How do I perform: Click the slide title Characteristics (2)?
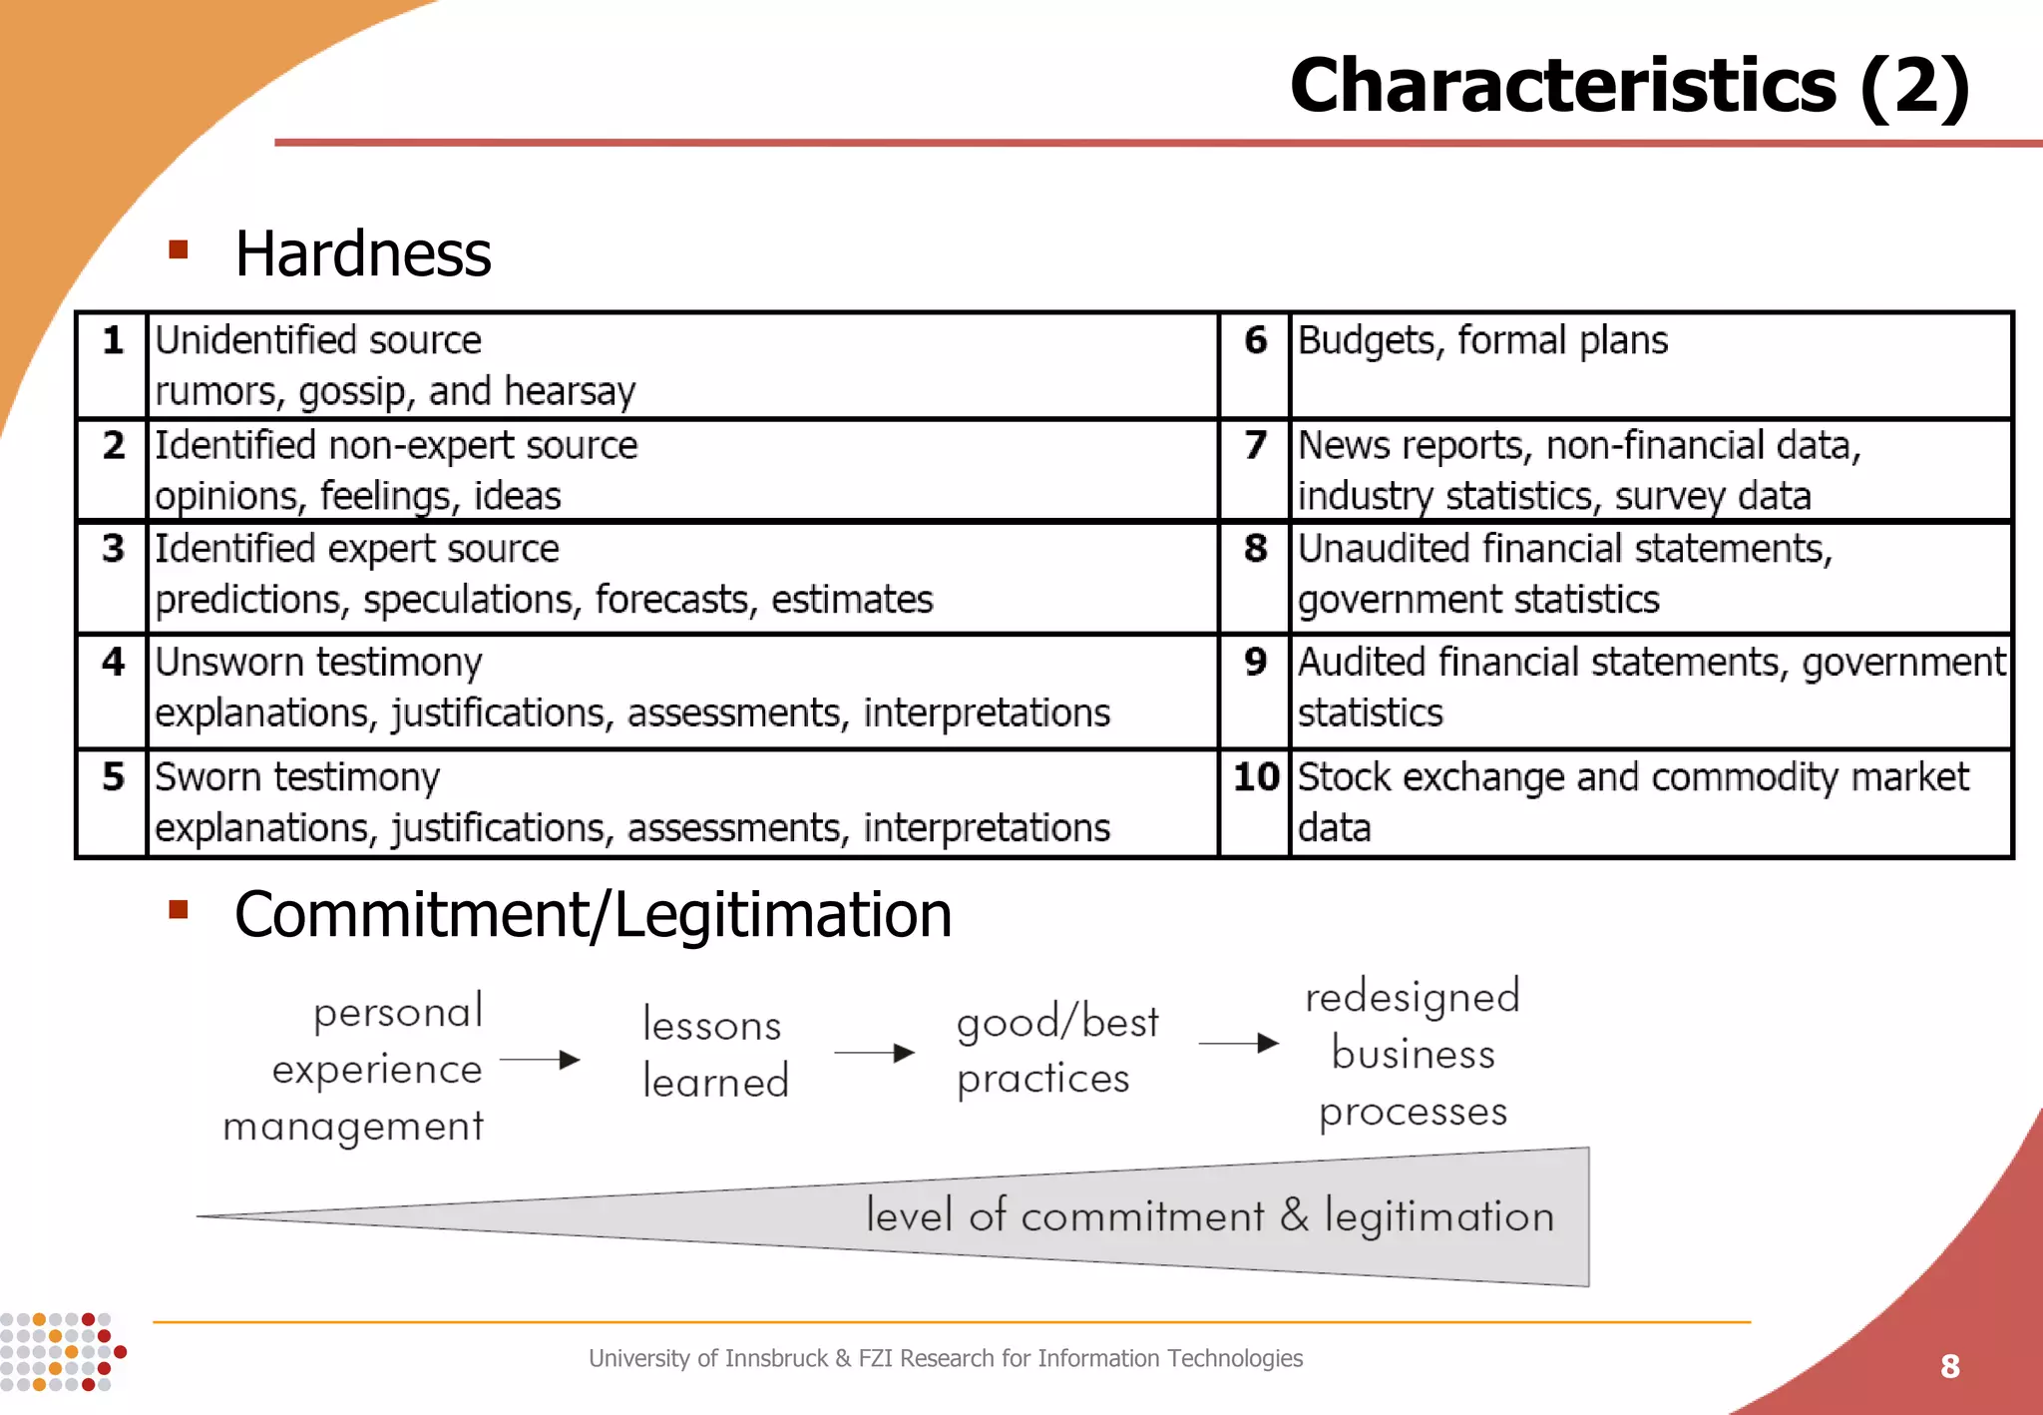click(1629, 87)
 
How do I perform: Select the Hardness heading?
click(363, 253)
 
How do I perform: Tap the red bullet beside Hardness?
click(179, 249)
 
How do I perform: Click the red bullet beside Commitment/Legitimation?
click(179, 908)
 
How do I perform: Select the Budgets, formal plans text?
click(1482, 341)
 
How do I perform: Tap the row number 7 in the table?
click(1255, 444)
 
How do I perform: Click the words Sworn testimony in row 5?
click(297, 777)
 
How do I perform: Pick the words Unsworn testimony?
click(318, 663)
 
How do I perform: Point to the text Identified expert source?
click(357, 549)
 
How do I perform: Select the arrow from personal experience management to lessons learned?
click(540, 1060)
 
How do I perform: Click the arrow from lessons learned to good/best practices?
click(874, 1053)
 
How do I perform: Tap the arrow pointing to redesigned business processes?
click(1238, 1044)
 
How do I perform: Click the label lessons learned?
click(714, 1053)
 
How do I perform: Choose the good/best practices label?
click(1056, 1050)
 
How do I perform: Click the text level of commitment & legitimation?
click(1209, 1216)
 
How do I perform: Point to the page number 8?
click(1950, 1366)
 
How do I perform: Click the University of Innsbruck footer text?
click(945, 1358)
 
